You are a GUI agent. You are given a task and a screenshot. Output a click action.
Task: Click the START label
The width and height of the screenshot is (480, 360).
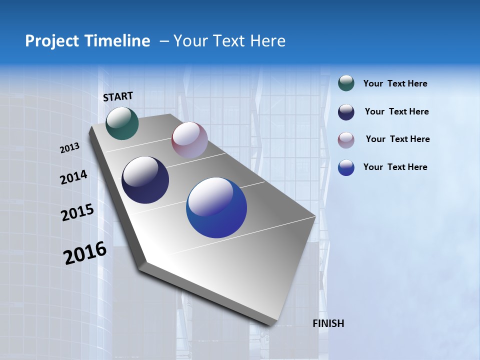(118, 96)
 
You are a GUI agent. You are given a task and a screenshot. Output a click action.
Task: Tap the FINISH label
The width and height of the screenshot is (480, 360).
(328, 323)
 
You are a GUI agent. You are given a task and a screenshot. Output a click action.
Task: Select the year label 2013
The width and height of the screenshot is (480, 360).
(70, 148)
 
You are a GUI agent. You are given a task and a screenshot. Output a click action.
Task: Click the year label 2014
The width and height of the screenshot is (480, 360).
(73, 177)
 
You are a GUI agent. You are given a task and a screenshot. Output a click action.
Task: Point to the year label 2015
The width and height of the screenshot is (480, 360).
(77, 212)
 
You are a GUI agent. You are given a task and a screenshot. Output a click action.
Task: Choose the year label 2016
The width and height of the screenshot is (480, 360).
(85, 253)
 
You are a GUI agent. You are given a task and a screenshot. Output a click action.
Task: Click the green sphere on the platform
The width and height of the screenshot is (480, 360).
(122, 123)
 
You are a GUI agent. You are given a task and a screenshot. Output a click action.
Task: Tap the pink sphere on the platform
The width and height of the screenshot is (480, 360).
(189, 140)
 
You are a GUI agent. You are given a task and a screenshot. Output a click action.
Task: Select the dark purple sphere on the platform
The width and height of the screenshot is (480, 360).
(145, 180)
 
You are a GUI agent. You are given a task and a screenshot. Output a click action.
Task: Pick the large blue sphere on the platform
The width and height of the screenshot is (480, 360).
(216, 207)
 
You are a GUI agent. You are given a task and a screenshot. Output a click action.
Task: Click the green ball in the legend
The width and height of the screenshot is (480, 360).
(346, 83)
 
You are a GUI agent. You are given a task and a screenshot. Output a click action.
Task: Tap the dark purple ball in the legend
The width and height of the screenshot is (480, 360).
(346, 112)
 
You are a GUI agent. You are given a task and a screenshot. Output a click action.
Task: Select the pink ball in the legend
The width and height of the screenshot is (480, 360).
(346, 140)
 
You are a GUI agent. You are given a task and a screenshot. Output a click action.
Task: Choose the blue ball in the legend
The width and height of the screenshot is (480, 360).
(346, 167)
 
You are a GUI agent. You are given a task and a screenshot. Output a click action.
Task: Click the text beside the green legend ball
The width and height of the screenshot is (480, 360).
(395, 83)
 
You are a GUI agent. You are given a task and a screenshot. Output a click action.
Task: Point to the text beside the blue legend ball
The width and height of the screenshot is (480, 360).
(395, 167)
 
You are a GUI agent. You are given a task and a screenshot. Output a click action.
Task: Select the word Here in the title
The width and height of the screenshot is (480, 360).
(267, 41)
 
